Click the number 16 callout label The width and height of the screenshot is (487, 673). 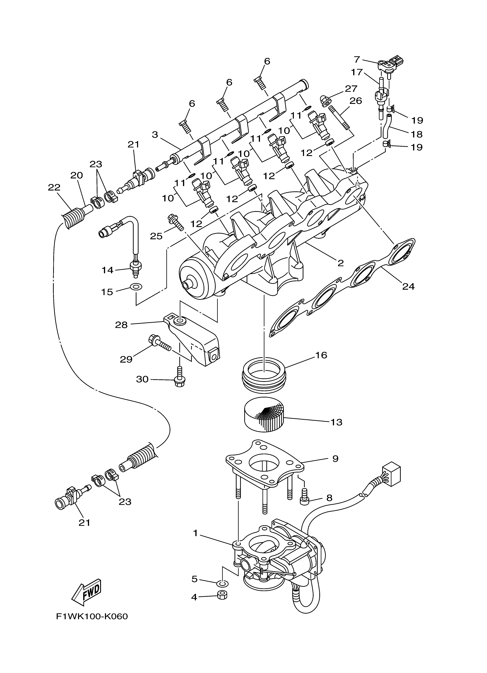pos(322,355)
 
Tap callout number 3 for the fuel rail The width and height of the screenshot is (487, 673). pos(155,135)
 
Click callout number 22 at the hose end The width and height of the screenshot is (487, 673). pos(54,187)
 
